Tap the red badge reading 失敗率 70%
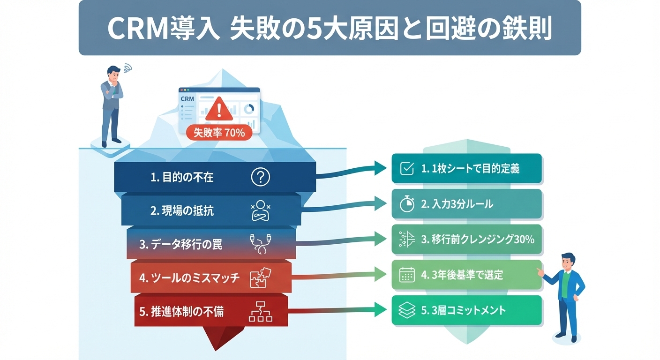(219, 133)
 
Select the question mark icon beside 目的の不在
(261, 177)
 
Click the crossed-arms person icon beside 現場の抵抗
(261, 210)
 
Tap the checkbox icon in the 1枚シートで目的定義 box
(406, 169)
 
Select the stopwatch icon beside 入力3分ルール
(406, 204)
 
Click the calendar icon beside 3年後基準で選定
(406, 275)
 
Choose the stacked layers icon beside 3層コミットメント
(406, 310)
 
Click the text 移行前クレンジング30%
(478, 239)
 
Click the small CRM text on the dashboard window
(187, 99)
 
